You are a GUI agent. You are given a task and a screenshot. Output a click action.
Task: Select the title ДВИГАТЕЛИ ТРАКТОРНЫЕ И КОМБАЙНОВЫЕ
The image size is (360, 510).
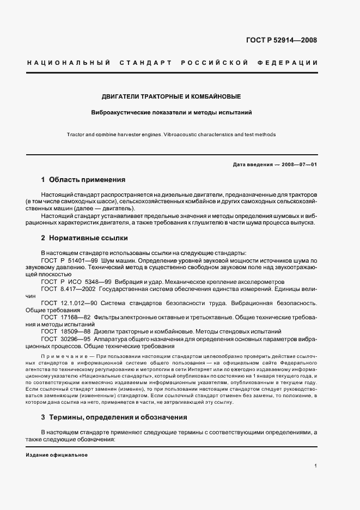171,96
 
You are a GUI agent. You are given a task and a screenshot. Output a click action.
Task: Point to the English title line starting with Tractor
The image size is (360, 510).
171,134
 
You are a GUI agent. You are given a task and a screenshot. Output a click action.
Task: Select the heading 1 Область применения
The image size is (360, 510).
83,179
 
